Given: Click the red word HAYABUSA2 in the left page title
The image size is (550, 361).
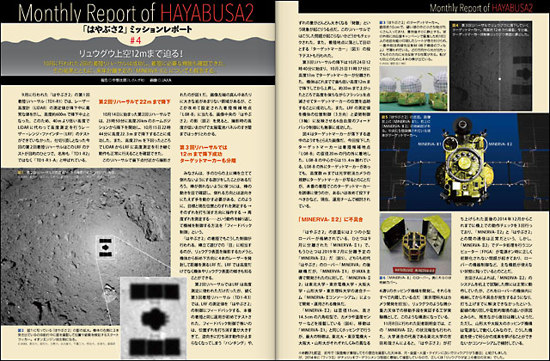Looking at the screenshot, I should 212,15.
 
